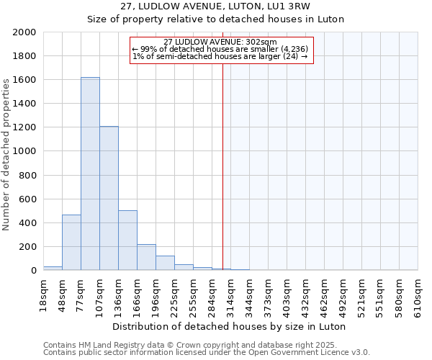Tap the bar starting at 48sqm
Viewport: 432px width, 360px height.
[x=71, y=242]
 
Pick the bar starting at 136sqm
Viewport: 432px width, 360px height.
[x=127, y=240]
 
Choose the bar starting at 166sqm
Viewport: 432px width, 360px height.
[x=146, y=257]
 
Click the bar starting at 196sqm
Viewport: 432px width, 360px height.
[x=165, y=263]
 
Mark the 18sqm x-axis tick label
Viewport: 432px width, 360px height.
[x=43, y=292]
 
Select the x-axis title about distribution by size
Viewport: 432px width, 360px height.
[x=230, y=326]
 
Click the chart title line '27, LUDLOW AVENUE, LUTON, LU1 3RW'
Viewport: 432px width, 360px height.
[x=215, y=6]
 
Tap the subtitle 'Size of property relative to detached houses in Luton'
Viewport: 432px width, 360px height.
[x=215, y=19]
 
